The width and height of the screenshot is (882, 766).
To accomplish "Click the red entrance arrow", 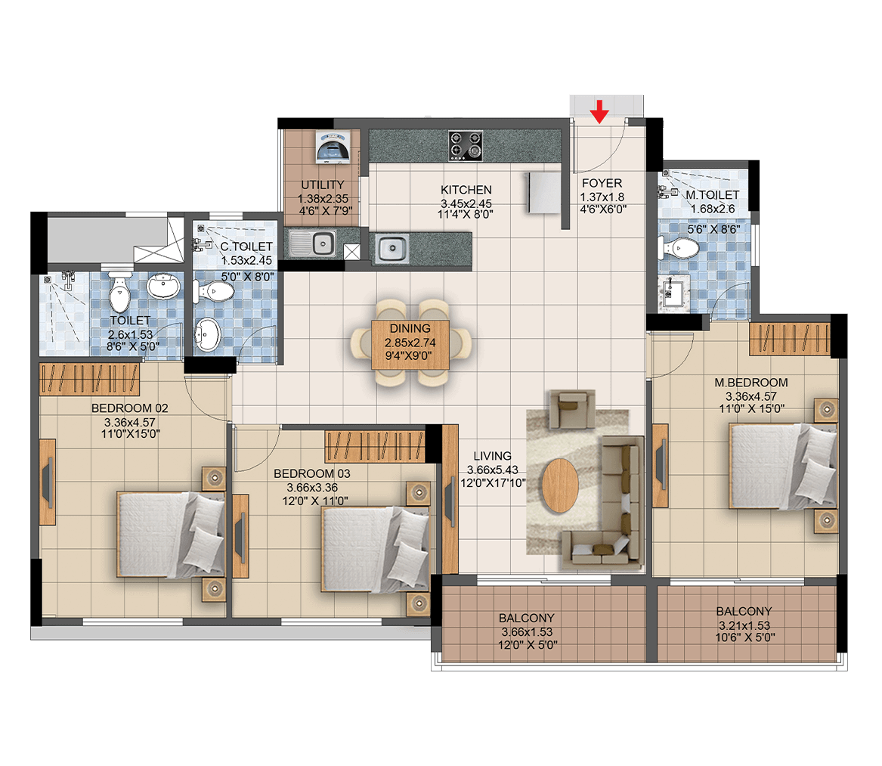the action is point(599,111).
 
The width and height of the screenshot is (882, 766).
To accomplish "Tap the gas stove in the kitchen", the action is point(466,146).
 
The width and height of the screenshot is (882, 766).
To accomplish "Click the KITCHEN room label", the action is point(466,190).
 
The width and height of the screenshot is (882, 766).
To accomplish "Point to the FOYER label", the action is point(602,184).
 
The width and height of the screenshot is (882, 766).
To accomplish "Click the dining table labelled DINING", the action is point(410,345).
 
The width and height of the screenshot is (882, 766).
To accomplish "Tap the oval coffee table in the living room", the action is point(560,485).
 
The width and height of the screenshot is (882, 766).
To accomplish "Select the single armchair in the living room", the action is point(572,408).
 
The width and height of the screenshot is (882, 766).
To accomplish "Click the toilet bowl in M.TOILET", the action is point(679,247).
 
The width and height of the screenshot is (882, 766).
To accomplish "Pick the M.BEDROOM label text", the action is point(751,383).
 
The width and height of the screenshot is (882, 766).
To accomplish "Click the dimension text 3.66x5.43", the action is point(493,470).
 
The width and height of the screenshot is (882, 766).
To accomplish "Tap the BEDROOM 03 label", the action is point(311,474).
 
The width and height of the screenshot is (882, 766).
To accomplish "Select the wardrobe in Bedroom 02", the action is point(89,379).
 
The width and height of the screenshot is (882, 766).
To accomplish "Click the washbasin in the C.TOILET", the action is point(207,333).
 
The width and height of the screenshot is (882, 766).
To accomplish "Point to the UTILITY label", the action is point(322,185).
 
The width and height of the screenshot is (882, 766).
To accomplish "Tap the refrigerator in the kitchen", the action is point(543,193).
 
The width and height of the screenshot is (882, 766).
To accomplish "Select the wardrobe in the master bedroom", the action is point(790,339).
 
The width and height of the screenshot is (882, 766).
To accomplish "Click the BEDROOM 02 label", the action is point(129,408).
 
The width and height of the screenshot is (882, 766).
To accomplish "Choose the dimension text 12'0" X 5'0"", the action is point(527,645).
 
